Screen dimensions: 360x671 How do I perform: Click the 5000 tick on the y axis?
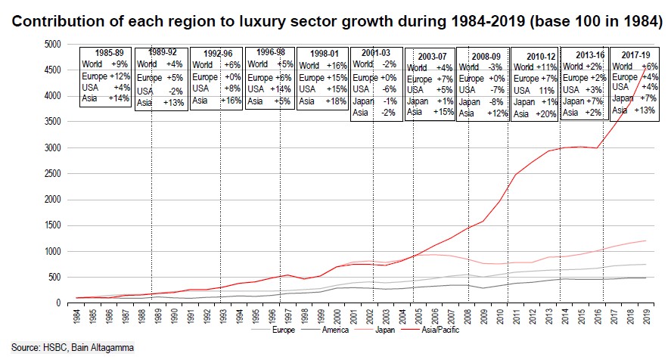coord(51,45)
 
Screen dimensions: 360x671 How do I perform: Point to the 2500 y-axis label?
coord(51,173)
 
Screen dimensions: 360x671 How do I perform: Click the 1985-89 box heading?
coord(107,53)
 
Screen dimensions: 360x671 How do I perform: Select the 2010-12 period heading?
coord(537,55)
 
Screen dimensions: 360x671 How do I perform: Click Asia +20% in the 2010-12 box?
coord(537,113)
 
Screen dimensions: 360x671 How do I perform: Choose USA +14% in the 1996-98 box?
coord(269,89)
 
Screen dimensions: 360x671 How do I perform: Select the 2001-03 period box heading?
coord(376,53)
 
